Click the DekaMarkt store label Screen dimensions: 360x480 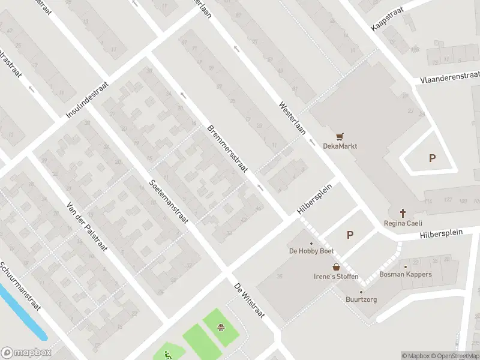pyautogui.click(x=340, y=146)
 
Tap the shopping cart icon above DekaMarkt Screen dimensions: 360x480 pyautogui.click(x=340, y=136)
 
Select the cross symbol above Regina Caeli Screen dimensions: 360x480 pyautogui.click(x=403, y=213)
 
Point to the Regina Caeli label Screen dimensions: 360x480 pyautogui.click(x=403, y=223)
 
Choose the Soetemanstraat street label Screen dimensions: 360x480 pyautogui.click(x=169, y=201)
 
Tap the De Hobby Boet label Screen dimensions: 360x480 pyautogui.click(x=311, y=251)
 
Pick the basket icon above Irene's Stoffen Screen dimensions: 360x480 pyautogui.click(x=336, y=266)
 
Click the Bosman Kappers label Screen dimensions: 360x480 pyautogui.click(x=405, y=274)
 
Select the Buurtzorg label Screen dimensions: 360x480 pyautogui.click(x=361, y=299)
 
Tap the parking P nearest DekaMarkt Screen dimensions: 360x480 pyautogui.click(x=431, y=158)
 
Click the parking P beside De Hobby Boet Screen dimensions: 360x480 pyautogui.click(x=350, y=235)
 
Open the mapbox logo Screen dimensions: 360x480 pyautogui.click(x=26, y=353)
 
